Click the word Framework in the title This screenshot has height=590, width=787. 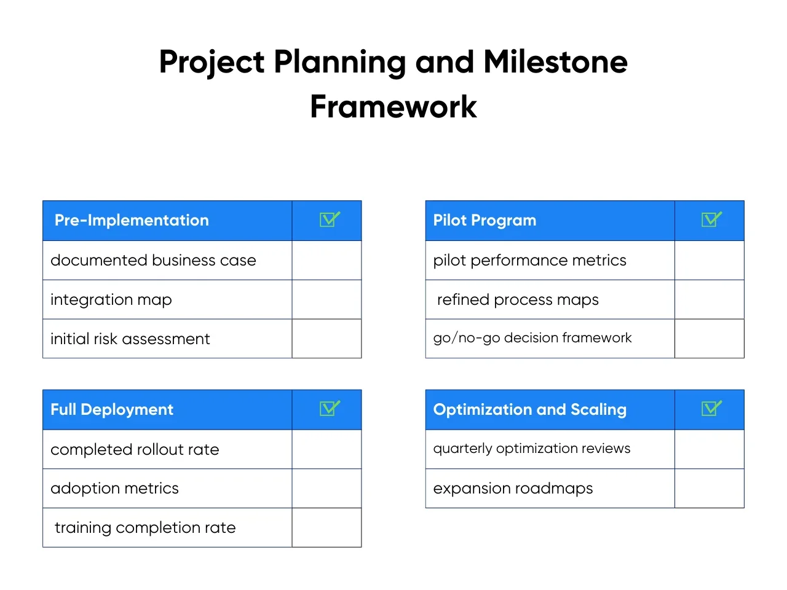393,106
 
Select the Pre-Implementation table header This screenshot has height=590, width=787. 132,220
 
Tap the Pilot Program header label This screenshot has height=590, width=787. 484,220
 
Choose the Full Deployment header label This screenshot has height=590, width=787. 112,409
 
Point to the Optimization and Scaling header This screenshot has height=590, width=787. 529,409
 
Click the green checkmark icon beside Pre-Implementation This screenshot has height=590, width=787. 330,219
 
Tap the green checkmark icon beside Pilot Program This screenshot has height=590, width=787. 712,219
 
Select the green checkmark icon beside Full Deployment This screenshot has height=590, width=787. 330,408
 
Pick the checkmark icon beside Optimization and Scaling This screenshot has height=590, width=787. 712,408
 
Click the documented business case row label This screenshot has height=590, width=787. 154,260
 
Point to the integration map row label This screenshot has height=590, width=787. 111,300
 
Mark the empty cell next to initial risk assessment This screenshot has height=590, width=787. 326,339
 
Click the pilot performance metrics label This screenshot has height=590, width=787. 529,261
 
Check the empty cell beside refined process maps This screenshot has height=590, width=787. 709,299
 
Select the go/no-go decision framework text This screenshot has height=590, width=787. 532,338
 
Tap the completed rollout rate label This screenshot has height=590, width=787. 135,450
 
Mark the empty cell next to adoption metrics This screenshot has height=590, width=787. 326,488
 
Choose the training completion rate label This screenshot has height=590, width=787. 145,528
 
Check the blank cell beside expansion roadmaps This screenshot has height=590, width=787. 709,488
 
